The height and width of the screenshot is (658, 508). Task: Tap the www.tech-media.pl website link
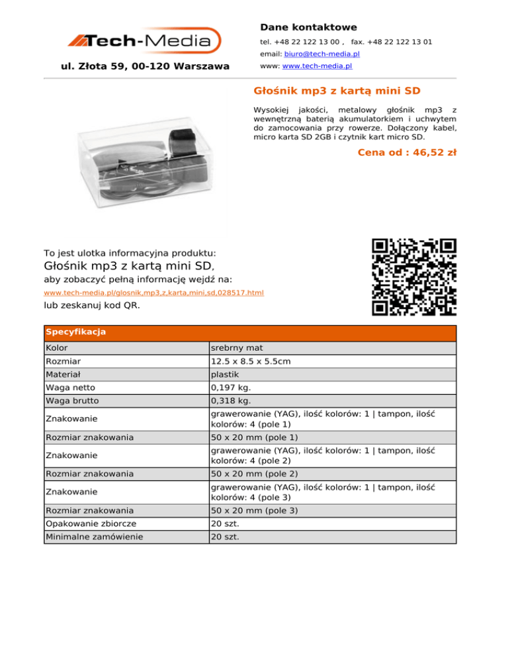pyautogui.click(x=317, y=67)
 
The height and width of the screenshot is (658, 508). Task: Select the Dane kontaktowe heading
pyautogui.click(x=308, y=27)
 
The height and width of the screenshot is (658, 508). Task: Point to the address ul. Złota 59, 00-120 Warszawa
pyautogui.click(x=145, y=66)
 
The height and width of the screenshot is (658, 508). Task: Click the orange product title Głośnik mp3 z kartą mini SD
pyautogui.click(x=337, y=89)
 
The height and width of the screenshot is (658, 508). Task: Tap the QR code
pyautogui.click(x=414, y=276)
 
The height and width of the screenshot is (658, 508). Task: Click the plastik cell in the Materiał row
pyautogui.click(x=224, y=375)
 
